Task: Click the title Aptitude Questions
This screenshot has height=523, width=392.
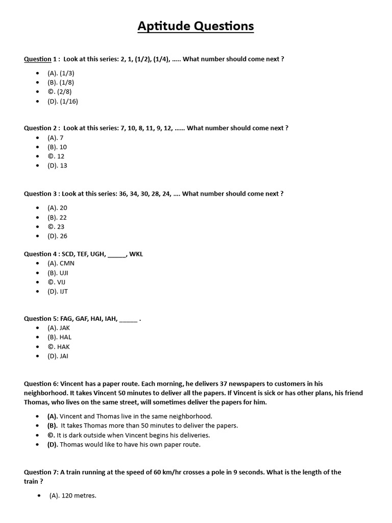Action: pyautogui.click(x=195, y=27)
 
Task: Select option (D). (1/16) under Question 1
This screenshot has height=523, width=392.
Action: pyautogui.click(x=63, y=101)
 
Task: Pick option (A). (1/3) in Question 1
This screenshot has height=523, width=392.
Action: pyautogui.click(x=61, y=73)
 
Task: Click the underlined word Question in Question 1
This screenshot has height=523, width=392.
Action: pyautogui.click(x=38, y=59)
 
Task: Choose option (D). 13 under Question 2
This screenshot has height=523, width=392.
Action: pyautogui.click(x=57, y=165)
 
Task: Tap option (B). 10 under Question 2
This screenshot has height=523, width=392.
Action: pyautogui.click(x=57, y=147)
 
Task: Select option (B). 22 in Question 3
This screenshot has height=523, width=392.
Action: pyautogui.click(x=57, y=218)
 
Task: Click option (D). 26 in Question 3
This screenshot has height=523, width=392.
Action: pyautogui.click(x=57, y=236)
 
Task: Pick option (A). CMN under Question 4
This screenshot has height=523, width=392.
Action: pyautogui.click(x=61, y=264)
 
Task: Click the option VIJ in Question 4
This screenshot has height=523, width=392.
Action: pyautogui.click(x=61, y=282)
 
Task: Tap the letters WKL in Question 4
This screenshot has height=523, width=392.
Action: pyautogui.click(x=136, y=254)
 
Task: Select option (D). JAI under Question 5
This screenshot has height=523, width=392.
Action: pyautogui.click(x=58, y=356)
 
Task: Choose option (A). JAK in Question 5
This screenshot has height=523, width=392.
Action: pyautogui.click(x=59, y=328)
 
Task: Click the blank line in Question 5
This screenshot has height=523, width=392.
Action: pyautogui.click(x=128, y=319)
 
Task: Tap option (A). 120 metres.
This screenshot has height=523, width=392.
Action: pyautogui.click(x=72, y=495)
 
